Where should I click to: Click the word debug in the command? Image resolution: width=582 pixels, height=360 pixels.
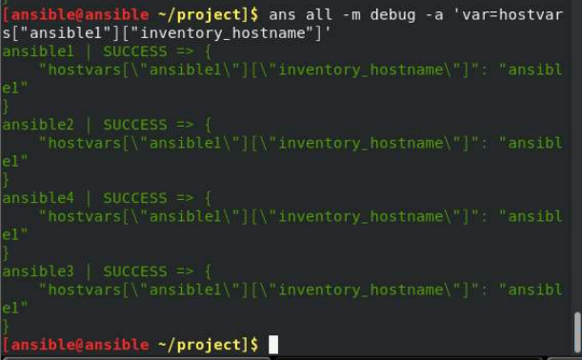pyautogui.click(x=392, y=15)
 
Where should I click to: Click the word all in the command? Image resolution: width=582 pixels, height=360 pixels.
pyautogui.click(x=319, y=15)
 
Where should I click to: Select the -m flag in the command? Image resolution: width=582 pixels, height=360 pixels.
pyautogui.click(x=351, y=15)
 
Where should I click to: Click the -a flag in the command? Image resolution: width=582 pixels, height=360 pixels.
pyautogui.click(x=434, y=15)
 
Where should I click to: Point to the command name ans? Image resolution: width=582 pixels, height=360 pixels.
pyautogui.click(x=282, y=15)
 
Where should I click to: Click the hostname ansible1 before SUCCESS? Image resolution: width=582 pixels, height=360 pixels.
pyautogui.click(x=38, y=51)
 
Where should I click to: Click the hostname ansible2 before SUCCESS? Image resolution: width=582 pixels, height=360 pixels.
pyautogui.click(x=38, y=125)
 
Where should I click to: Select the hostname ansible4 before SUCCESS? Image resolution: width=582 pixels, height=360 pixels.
pyautogui.click(x=38, y=198)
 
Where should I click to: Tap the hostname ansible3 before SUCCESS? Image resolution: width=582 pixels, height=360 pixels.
pyautogui.click(x=38, y=271)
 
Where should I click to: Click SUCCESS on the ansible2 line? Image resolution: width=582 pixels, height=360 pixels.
pyautogui.click(x=135, y=125)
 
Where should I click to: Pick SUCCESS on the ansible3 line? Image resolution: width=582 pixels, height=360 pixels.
pyautogui.click(x=135, y=271)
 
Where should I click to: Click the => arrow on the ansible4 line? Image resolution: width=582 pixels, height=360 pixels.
pyautogui.click(x=185, y=198)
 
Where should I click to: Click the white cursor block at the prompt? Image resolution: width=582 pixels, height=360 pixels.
pyautogui.click(x=273, y=345)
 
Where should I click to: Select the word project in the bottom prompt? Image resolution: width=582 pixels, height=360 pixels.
pyautogui.click(x=209, y=345)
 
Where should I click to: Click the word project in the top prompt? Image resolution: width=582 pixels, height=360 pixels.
pyautogui.click(x=209, y=15)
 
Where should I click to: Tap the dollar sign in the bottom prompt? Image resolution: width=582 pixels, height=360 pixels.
pyautogui.click(x=254, y=345)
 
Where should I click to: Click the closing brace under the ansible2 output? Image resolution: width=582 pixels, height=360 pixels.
pyautogui.click(x=6, y=180)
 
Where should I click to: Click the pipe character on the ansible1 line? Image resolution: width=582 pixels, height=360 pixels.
pyautogui.click(x=89, y=51)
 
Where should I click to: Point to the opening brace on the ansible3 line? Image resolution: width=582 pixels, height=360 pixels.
pyautogui.click(x=209, y=271)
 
